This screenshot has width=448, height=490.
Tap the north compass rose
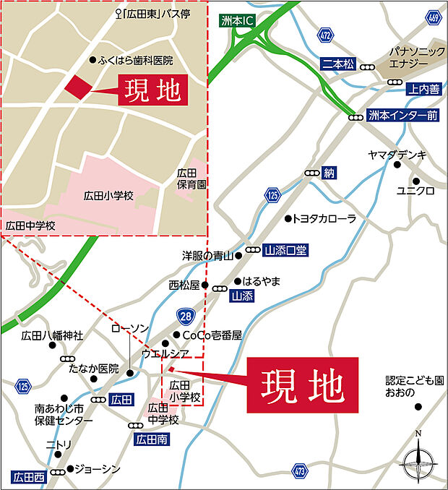point(418,457)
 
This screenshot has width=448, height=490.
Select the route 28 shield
point(186,315)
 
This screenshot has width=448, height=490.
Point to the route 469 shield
point(434,17)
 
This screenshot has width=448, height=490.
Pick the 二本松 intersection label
point(338,64)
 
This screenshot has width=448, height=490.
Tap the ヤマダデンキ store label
point(397,155)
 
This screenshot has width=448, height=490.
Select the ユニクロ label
point(415,191)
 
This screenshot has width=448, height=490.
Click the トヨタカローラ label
point(324,218)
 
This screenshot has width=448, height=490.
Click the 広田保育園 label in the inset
point(191,179)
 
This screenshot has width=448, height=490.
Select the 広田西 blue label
point(29,476)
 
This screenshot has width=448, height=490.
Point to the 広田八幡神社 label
point(52,335)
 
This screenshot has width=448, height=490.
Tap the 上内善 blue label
point(423,90)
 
